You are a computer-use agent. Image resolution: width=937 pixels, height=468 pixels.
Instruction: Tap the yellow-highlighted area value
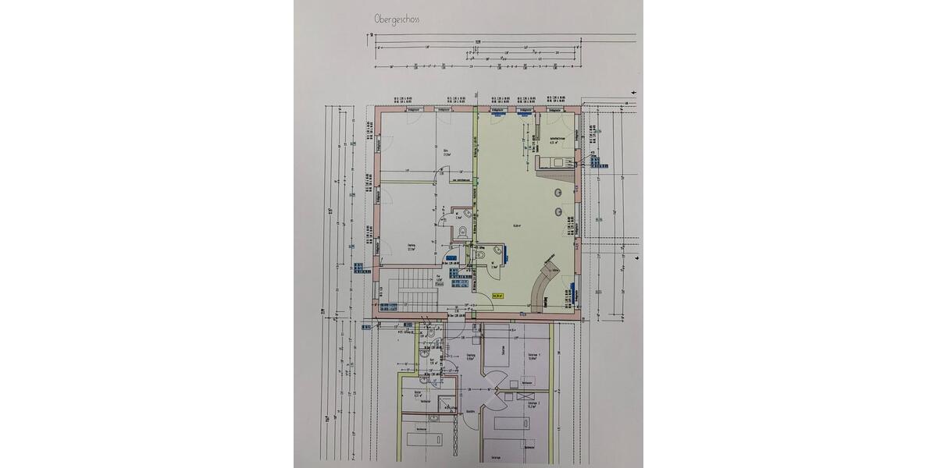click(499, 296)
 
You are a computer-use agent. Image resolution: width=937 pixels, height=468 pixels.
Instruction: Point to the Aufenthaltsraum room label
click(555, 141)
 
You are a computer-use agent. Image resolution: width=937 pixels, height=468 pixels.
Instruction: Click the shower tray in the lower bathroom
click(446, 406)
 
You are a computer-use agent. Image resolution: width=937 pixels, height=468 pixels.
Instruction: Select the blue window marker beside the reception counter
click(576, 294)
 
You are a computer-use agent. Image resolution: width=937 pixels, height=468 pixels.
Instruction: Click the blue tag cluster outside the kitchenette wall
click(595, 161)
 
